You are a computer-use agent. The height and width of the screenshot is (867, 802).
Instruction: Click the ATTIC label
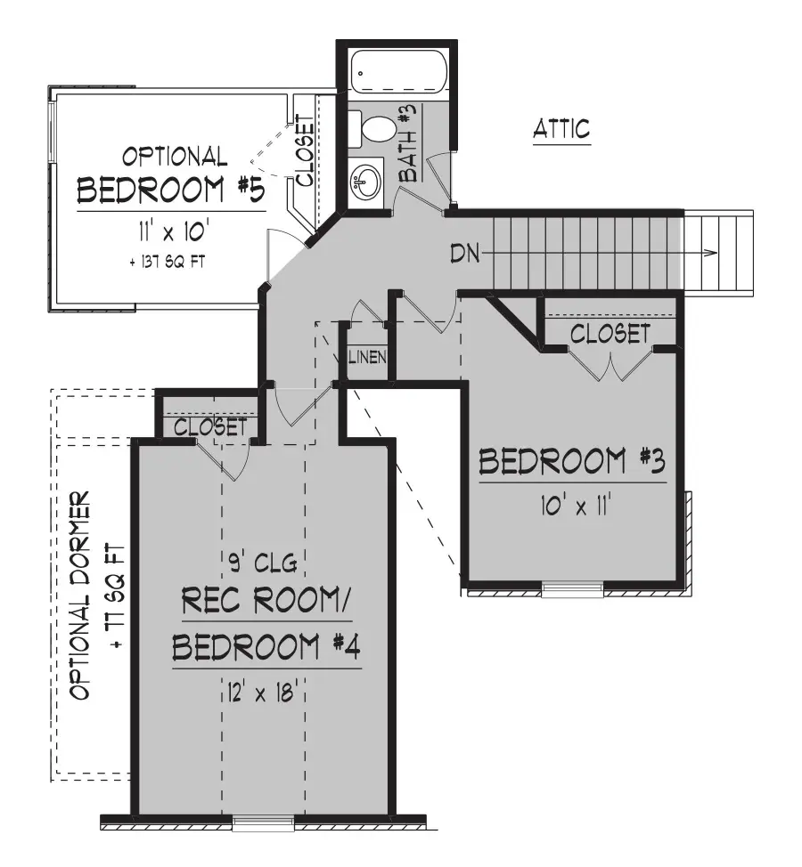[561, 128]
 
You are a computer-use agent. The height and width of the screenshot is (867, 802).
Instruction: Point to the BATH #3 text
[408, 144]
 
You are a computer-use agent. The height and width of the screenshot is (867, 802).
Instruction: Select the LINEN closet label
[366, 358]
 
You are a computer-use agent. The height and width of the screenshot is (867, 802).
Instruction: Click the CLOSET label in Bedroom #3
[610, 334]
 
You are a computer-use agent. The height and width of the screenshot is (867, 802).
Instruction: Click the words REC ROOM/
[266, 604]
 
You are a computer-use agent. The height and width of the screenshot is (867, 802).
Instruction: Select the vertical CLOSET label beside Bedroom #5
[304, 150]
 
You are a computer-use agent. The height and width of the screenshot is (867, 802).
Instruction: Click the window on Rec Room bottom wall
[262, 823]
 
